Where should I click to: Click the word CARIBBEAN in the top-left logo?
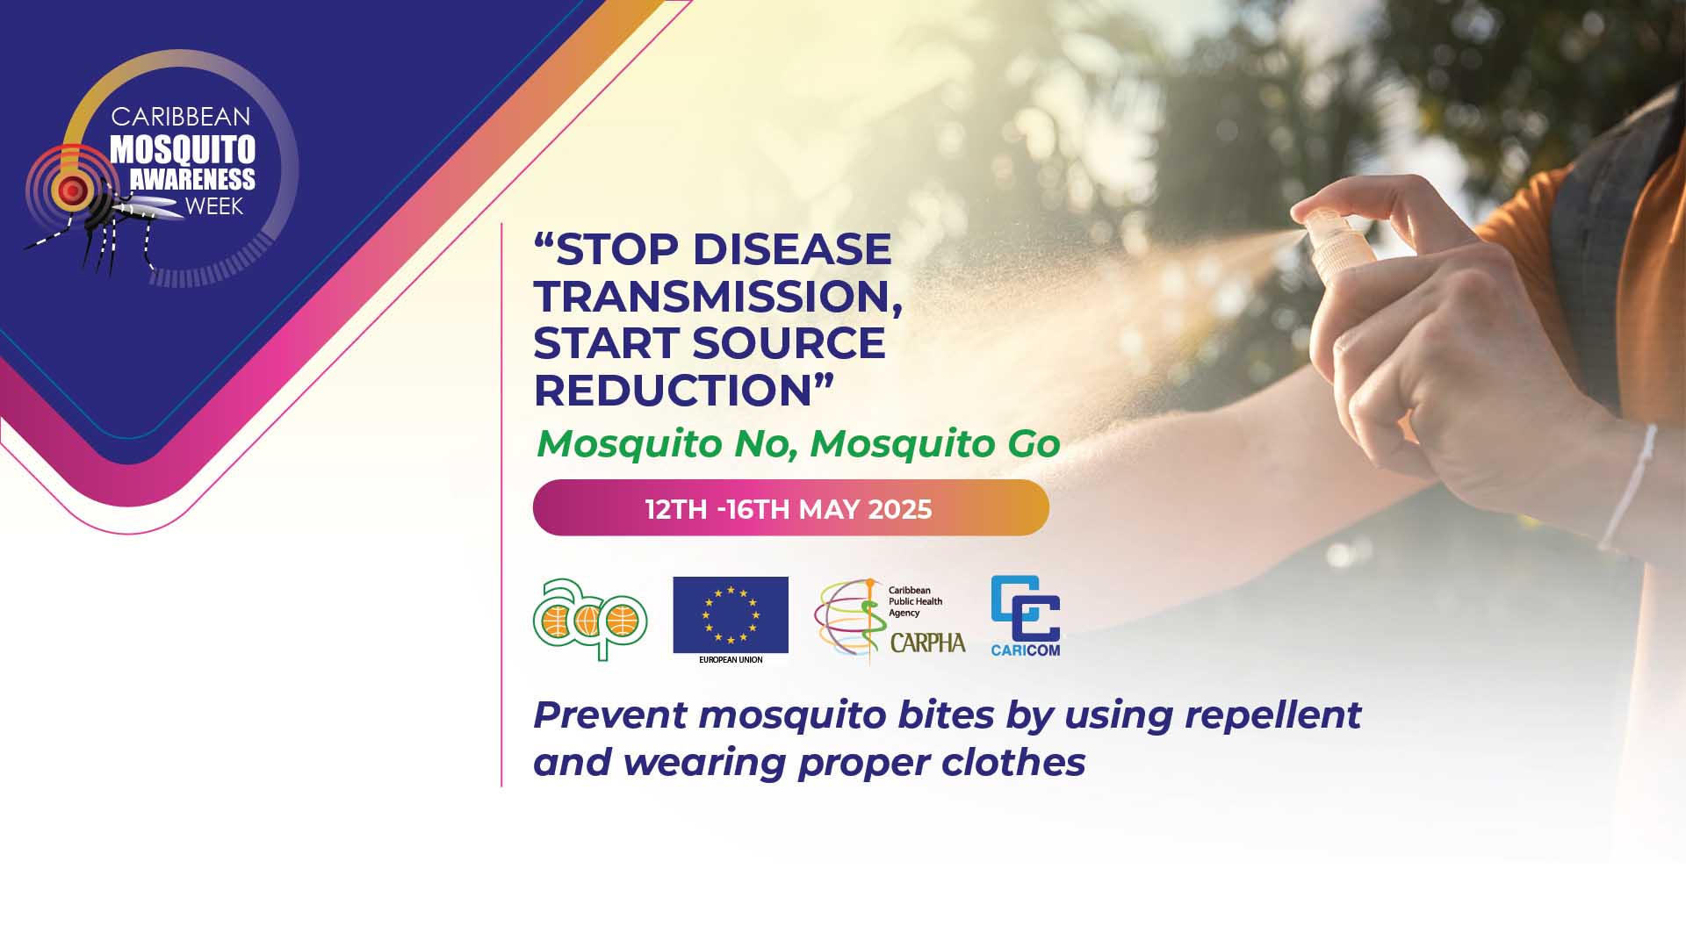181,117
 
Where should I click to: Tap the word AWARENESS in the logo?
192,180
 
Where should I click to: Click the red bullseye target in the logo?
73,188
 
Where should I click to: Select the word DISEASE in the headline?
792,249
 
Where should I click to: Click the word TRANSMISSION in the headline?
717,296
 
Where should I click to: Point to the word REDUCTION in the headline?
672,390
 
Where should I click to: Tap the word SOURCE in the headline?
789,342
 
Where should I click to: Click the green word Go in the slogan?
1034,443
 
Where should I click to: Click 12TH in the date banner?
676,509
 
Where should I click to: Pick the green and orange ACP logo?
590,619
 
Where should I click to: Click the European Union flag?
731,614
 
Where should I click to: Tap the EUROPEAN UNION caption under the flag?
731,659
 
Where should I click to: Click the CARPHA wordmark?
927,643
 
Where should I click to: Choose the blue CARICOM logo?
1026,616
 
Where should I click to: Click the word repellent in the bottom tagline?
1273,715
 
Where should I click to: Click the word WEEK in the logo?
214,207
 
